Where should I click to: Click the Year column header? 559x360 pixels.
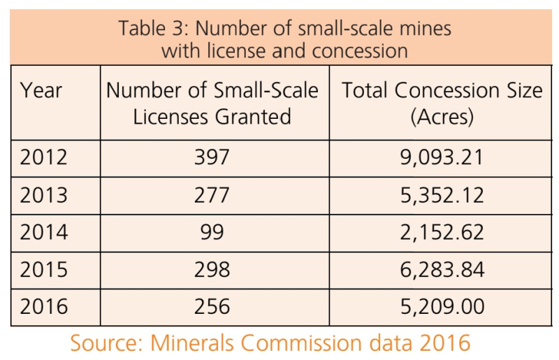click(41, 91)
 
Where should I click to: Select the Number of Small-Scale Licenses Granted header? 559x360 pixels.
click(212, 103)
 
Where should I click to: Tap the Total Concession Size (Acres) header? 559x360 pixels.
click(442, 103)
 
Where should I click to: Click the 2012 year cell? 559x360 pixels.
click(44, 157)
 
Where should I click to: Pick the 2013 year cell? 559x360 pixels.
click(44, 195)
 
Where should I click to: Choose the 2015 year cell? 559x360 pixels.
click(44, 270)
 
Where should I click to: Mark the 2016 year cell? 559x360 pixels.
click(44, 307)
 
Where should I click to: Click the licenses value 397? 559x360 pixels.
click(212, 157)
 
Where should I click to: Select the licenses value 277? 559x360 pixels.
click(212, 195)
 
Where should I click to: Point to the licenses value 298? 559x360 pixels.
click(212, 270)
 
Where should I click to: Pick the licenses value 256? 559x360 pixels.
click(212, 307)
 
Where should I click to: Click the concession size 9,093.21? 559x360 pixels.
click(441, 157)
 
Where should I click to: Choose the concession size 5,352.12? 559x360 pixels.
click(441, 195)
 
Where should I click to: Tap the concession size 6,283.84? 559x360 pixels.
click(441, 270)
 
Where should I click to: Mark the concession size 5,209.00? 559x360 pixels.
click(441, 307)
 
